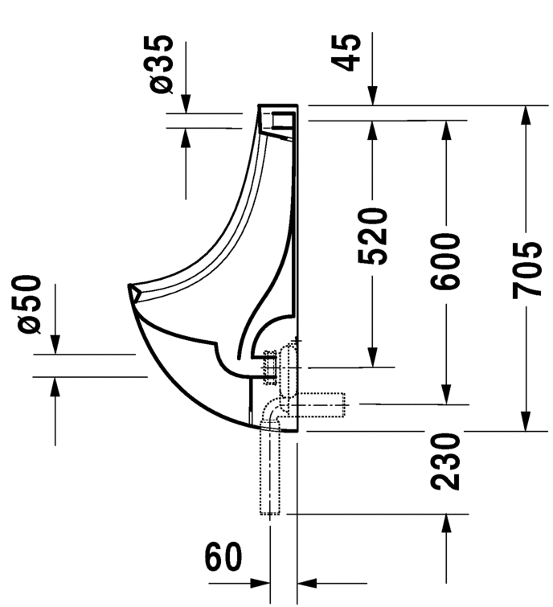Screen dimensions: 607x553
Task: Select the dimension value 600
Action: pyautogui.click(x=444, y=262)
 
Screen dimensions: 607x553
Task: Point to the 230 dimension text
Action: pyautogui.click(x=444, y=461)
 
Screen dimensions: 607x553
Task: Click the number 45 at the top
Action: pyautogui.click(x=347, y=52)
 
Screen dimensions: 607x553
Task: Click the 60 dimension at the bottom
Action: pyautogui.click(x=223, y=557)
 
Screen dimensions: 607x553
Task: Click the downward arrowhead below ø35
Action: pyautogui.click(x=185, y=104)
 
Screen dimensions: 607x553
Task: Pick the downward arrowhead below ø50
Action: pyautogui.click(x=55, y=344)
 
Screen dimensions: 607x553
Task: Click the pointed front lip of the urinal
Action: pyautogui.click(x=131, y=288)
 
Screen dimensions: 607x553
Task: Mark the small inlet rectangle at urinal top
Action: pyautogui.click(x=284, y=121)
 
